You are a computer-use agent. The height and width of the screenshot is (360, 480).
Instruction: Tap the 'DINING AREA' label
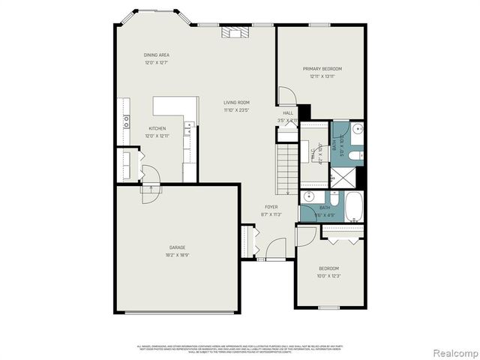pyautogui.click(x=157, y=55)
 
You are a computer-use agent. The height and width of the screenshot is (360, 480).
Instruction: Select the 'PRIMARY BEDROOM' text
pyautogui.click(x=322, y=69)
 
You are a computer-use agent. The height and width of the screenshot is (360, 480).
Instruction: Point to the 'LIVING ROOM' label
pyautogui.click(x=236, y=103)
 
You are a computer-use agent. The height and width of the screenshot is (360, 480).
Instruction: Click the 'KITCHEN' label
pyautogui.click(x=157, y=128)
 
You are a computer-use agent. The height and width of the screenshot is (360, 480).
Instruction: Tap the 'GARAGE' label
pyautogui.click(x=177, y=247)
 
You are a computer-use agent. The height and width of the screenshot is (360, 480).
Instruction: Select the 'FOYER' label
pyautogui.click(x=271, y=207)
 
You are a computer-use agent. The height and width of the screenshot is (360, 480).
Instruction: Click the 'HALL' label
pyautogui.click(x=288, y=113)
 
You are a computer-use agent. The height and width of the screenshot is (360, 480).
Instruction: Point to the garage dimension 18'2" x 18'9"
pyautogui.click(x=177, y=253)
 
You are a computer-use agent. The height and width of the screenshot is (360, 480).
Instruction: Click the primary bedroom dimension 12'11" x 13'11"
pyautogui.click(x=322, y=76)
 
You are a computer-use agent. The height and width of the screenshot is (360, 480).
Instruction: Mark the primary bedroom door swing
pyautogui.click(x=286, y=97)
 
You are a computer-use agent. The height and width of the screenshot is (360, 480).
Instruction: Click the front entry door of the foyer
pyautogui.click(x=275, y=249)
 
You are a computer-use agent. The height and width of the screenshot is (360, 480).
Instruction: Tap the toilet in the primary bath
pyautogui.click(x=355, y=156)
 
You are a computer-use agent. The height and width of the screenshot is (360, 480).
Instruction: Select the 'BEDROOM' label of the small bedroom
pyautogui.click(x=328, y=268)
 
